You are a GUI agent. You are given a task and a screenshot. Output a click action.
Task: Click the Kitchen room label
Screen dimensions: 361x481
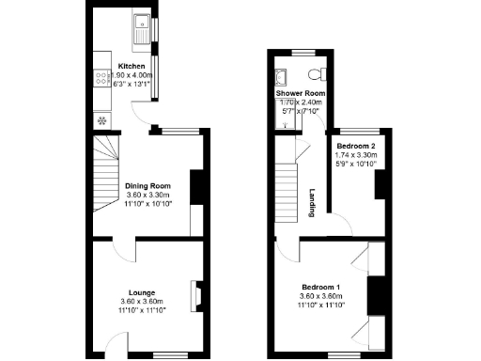coord(132,66)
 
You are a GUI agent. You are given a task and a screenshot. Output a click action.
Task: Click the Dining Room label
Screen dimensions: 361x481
coord(147,186)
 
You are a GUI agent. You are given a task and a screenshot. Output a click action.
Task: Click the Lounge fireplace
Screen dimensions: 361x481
coord(197,295)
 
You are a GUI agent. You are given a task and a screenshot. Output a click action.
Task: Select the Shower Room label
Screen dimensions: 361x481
coord(300,94)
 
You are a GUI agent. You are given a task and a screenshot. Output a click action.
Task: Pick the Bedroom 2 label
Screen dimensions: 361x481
coord(357,147)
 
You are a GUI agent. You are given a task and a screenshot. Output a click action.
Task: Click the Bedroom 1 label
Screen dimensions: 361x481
coord(321,287)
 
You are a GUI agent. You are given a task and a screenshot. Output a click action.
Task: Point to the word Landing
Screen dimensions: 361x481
coord(312,203)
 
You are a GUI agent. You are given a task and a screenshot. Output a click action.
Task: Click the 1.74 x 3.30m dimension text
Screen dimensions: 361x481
coord(357,156)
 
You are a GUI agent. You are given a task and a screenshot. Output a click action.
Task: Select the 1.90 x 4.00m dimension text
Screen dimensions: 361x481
coord(132,75)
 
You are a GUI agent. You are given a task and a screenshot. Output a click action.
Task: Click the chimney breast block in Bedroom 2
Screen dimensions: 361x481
coord(380,185)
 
